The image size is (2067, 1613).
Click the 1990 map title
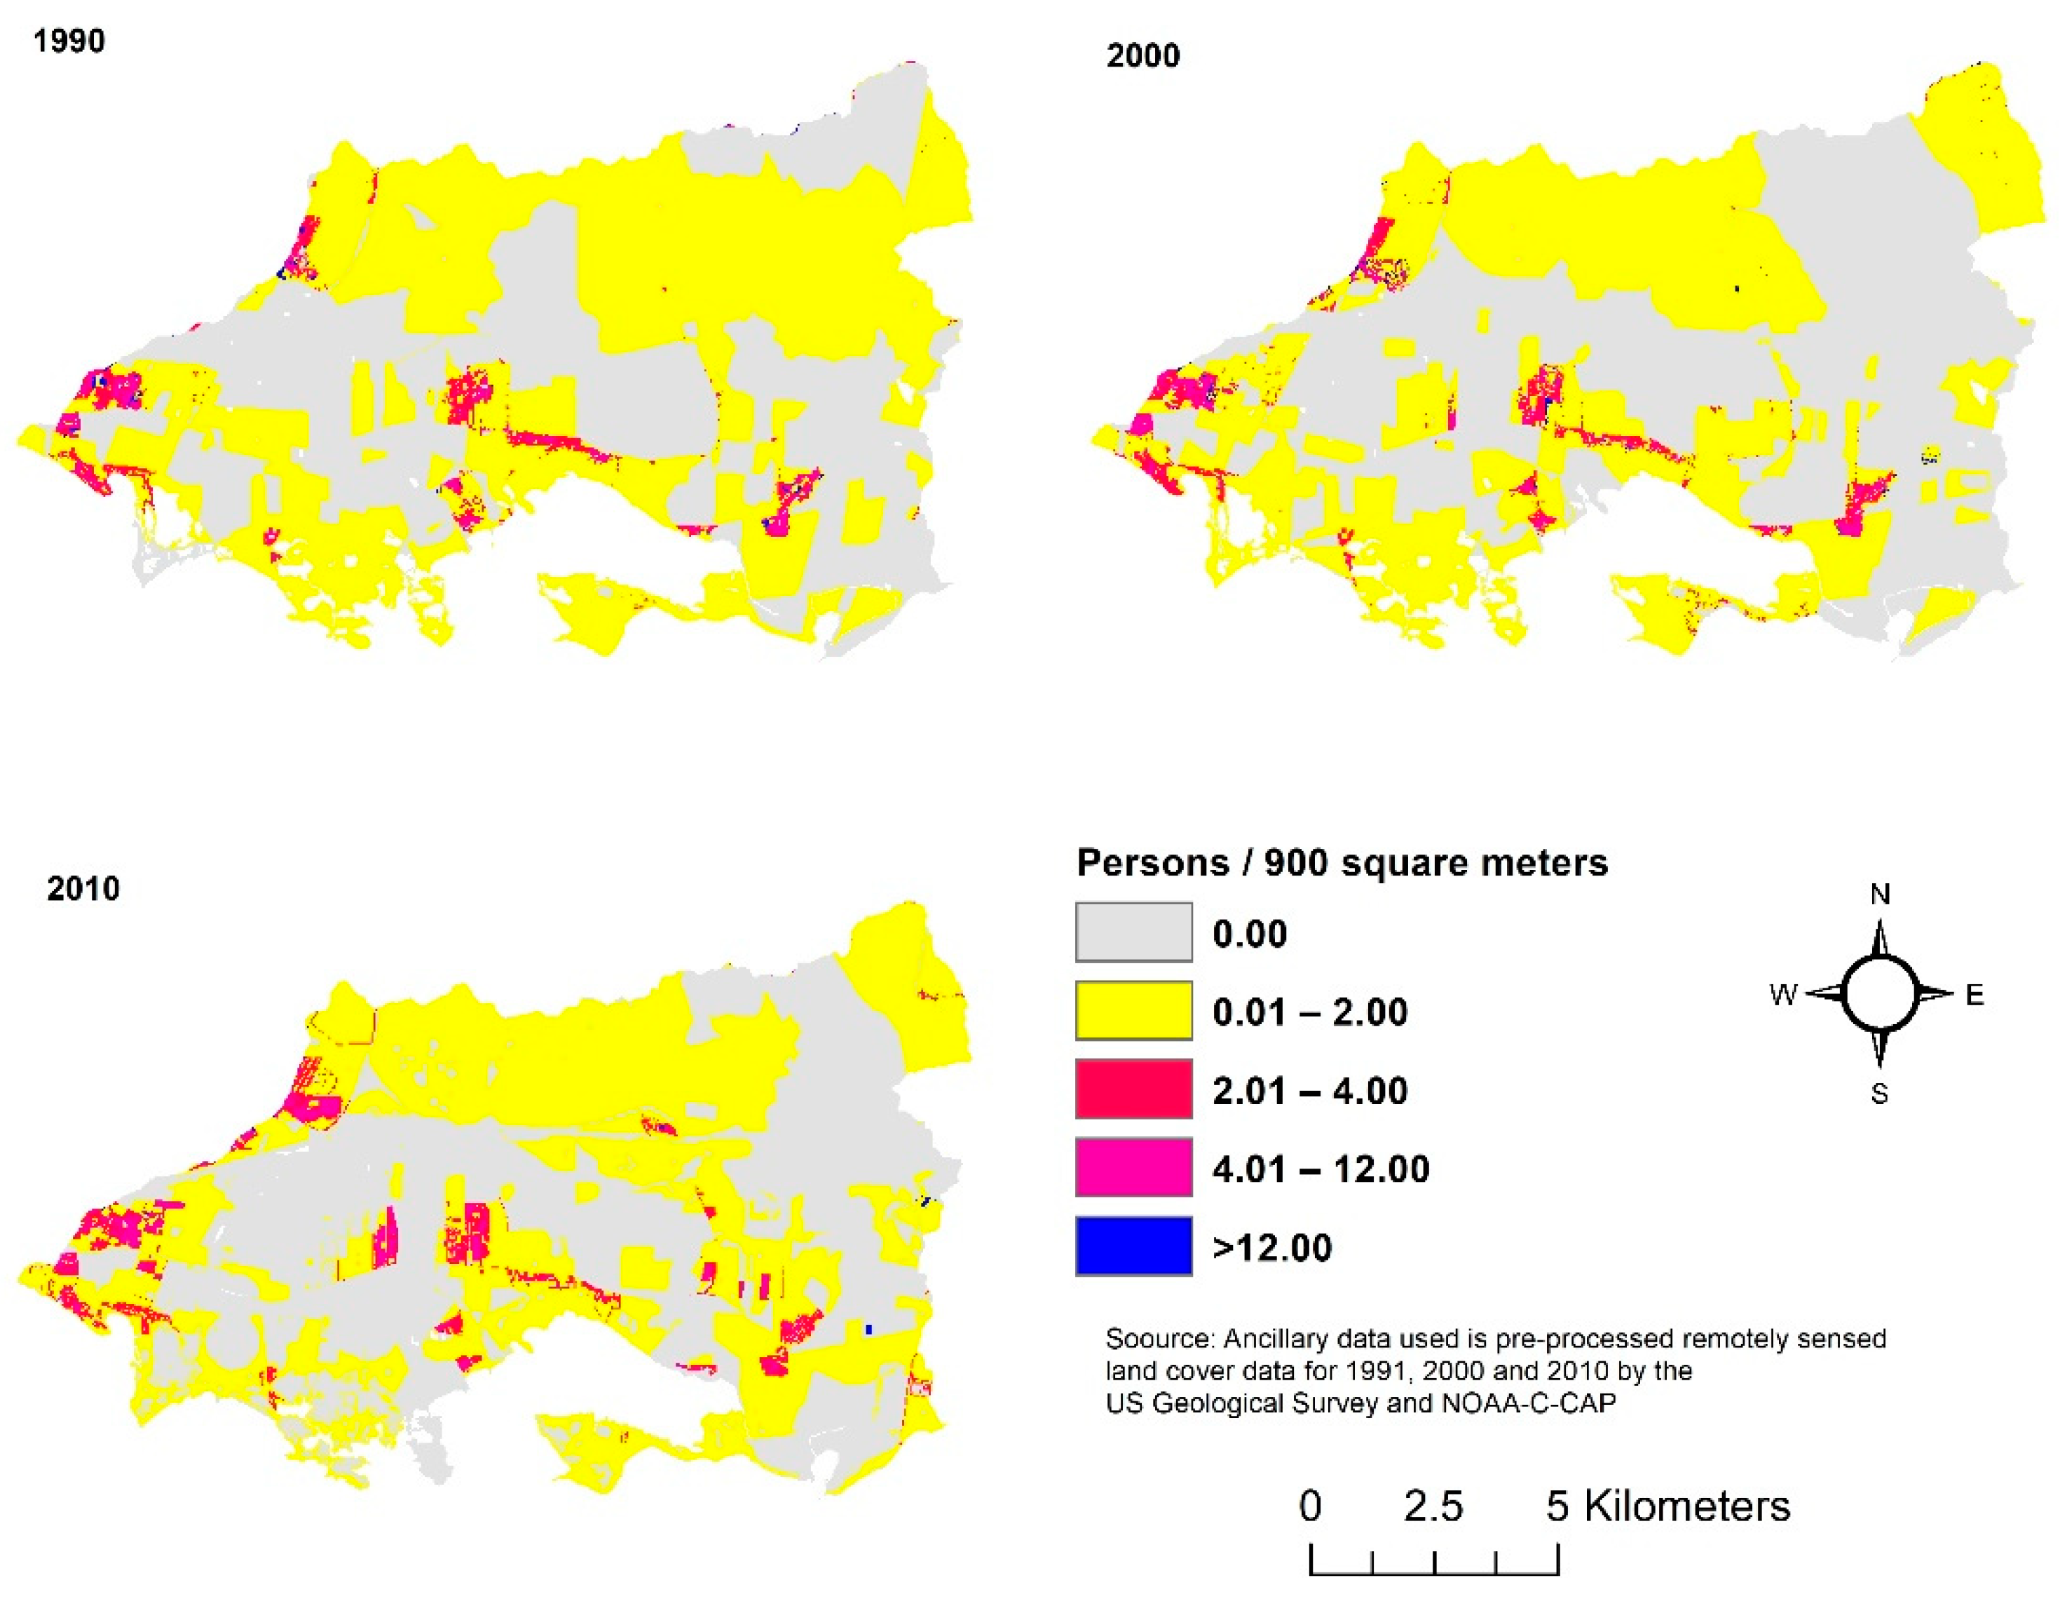click(x=69, y=41)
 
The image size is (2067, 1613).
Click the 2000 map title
click(x=1142, y=56)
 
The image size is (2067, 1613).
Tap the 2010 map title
click(x=83, y=889)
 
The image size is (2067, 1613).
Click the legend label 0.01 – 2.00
click(x=1310, y=1013)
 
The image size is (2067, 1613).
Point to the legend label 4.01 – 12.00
click(x=1321, y=1170)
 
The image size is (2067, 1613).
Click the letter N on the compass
click(x=1881, y=894)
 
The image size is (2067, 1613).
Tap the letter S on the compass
click(x=1880, y=1094)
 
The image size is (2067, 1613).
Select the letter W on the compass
click(x=1783, y=995)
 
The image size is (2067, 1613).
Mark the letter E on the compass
click(x=1974, y=995)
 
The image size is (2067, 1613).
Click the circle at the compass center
click(x=1881, y=994)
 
